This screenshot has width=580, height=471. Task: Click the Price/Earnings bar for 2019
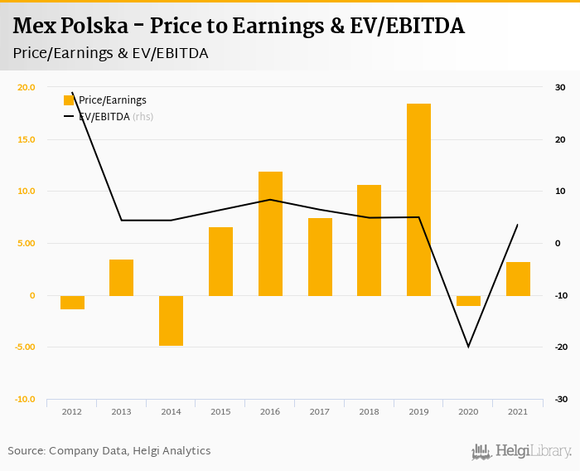click(x=418, y=199)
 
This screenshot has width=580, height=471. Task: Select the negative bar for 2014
click(x=171, y=320)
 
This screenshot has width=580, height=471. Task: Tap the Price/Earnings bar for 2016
click(x=270, y=233)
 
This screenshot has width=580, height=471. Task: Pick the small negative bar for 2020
click(x=468, y=300)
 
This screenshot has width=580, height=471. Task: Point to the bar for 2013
click(x=121, y=277)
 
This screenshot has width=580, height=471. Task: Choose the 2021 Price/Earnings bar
click(x=518, y=279)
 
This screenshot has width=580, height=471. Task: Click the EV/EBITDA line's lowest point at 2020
click(x=468, y=347)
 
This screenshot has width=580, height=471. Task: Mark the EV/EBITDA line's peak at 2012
click(x=73, y=93)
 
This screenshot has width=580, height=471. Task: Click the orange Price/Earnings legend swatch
click(x=69, y=100)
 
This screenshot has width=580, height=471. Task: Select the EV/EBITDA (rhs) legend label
click(x=116, y=117)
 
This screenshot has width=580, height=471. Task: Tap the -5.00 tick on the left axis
click(x=26, y=347)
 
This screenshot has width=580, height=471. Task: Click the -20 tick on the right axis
click(x=560, y=347)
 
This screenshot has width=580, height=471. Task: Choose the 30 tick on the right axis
click(x=560, y=87)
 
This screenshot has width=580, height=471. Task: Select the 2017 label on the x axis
click(x=320, y=412)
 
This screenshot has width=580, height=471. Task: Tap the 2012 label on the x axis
click(x=72, y=412)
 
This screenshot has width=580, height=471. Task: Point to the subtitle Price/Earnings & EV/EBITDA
click(x=110, y=53)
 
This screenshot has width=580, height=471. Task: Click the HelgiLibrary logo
click(x=521, y=451)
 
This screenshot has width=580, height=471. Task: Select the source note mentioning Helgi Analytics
click(x=109, y=451)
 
